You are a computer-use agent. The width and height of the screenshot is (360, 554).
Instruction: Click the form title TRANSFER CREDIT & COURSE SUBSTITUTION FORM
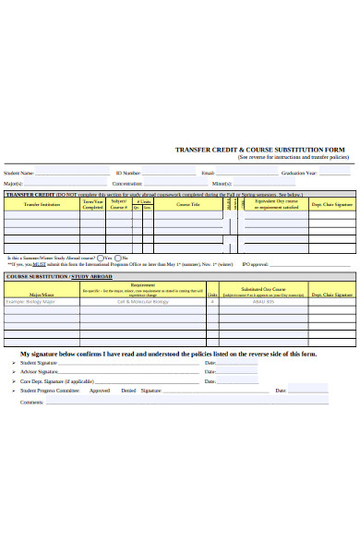pyautogui.click(x=261, y=150)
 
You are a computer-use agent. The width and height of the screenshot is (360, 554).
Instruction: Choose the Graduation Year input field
pyautogui.click(x=335, y=173)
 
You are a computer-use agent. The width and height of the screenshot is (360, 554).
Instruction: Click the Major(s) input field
pyautogui.click(x=65, y=184)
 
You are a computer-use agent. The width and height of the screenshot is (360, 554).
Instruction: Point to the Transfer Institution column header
pyautogui.click(x=42, y=204)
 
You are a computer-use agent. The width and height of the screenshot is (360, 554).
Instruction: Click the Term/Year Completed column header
pyautogui.click(x=93, y=205)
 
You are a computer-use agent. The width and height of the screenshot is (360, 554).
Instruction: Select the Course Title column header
pyautogui.click(x=188, y=204)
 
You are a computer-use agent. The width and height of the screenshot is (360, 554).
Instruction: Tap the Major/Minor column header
pyautogui.click(x=42, y=269)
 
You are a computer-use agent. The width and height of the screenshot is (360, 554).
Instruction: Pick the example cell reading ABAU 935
pyautogui.click(x=264, y=276)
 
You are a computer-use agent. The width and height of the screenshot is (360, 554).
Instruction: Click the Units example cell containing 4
pyautogui.click(x=212, y=276)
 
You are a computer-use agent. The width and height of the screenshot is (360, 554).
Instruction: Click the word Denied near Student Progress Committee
pyautogui.click(x=128, y=391)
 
